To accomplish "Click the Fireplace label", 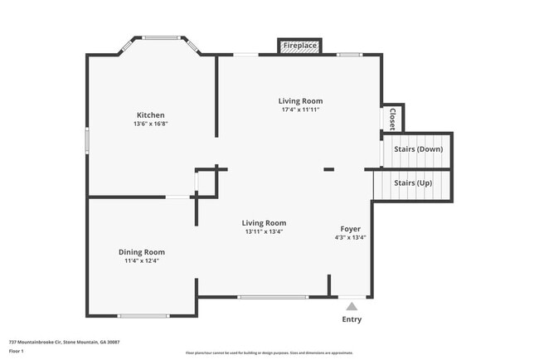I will coord(300,46).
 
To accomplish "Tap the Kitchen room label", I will coord(151,114).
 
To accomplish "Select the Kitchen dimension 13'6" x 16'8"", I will coord(151,124).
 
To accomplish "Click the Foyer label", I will coord(350,228).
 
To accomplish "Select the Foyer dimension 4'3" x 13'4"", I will coord(350,237).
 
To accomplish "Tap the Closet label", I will coord(392,118).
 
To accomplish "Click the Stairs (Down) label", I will coord(418,149).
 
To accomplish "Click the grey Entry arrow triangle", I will coord(352,306).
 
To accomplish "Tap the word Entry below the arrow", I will coord(352,319).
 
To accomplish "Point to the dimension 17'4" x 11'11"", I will coord(300,109).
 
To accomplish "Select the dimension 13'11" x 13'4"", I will coord(264,231).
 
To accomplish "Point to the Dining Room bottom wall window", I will coord(143,315).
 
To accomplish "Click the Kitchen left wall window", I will coord(87,139).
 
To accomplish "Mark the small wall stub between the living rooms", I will coord(328,169).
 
